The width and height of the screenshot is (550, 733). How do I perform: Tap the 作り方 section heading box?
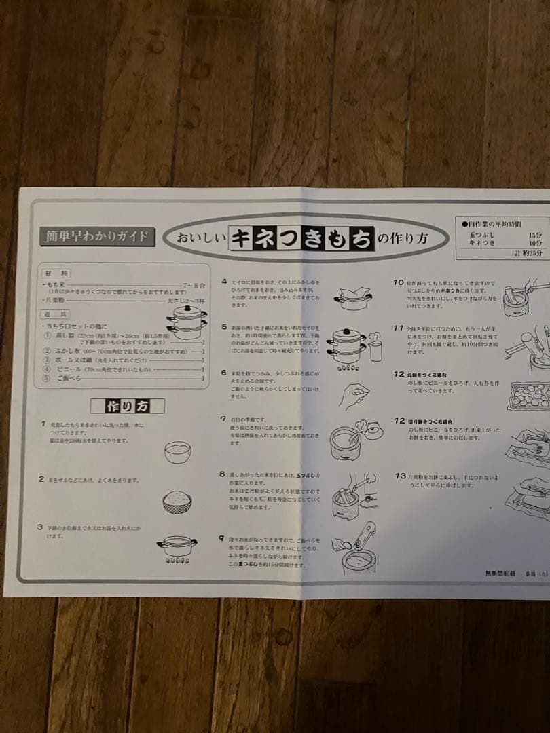127,406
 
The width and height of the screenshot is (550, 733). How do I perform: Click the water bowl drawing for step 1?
177,451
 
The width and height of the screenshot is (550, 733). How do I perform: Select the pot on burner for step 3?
177,546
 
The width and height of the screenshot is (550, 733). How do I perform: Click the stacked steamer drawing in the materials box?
187,322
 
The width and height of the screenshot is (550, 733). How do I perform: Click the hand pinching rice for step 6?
353,395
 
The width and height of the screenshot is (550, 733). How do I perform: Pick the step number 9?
222,538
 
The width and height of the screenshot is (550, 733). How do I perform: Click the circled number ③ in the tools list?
48,351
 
